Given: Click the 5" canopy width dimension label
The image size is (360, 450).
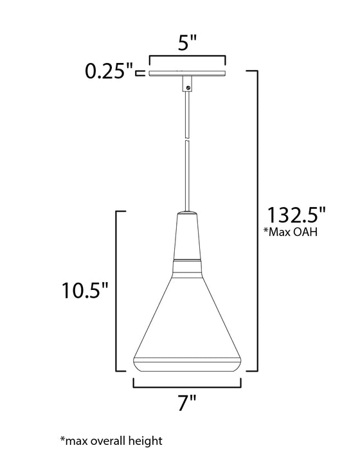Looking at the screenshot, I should coord(187,44).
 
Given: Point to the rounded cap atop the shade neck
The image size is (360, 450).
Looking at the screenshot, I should coord(187,213).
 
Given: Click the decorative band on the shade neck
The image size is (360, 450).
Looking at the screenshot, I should coord(187,262).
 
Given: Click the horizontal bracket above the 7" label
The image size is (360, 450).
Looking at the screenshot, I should coord(187,388).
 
